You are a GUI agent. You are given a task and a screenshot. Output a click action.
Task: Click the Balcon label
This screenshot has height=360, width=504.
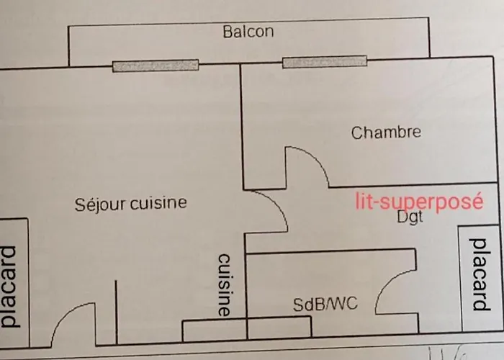tap(248, 32)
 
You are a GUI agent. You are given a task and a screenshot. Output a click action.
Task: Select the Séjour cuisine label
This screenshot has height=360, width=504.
tap(130, 203)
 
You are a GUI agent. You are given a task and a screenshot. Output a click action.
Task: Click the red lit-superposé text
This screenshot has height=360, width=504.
tap(418, 201)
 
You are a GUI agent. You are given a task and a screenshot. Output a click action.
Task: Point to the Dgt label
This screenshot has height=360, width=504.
tap(410, 217)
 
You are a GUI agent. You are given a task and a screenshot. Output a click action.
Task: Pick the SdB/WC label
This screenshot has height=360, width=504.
tap(325, 305)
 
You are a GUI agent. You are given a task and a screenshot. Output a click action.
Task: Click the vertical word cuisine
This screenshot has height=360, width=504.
tap(224, 285)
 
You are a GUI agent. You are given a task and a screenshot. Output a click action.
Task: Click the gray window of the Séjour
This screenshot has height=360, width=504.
tap(156, 66)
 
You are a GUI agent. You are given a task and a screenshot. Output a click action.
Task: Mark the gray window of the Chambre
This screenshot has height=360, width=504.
tap(320, 63)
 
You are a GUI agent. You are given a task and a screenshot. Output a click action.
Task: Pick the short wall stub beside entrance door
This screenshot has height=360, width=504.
tap(115, 310)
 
